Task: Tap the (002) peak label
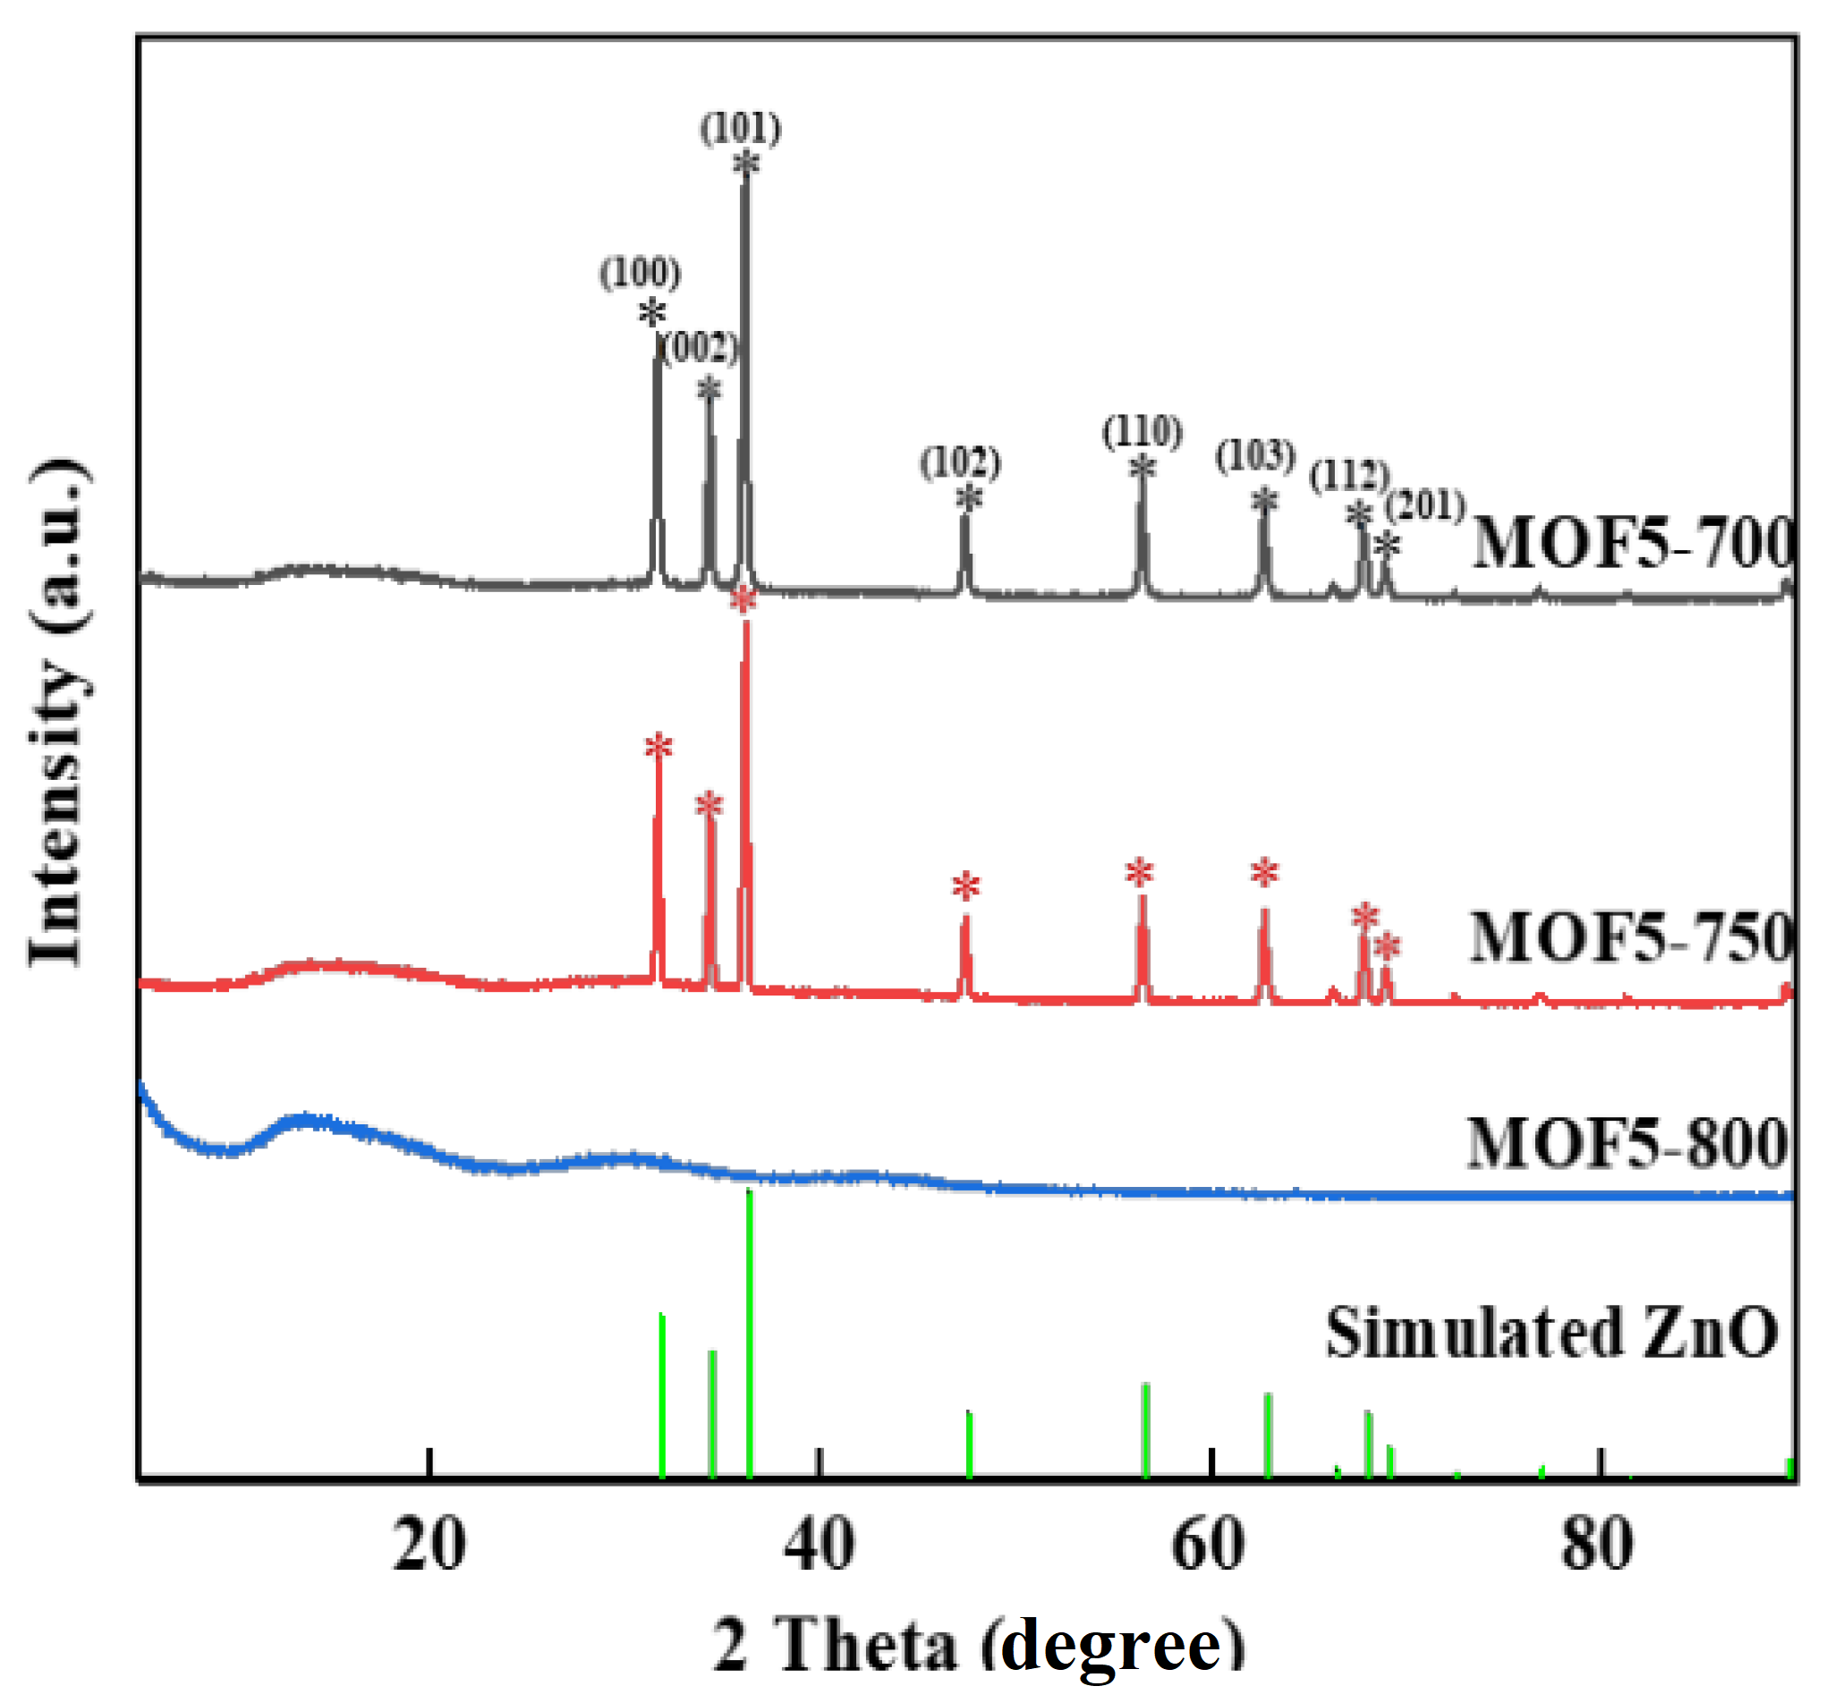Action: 701,347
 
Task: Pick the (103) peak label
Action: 1255,454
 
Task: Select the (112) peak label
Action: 1349,475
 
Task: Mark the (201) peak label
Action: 1425,505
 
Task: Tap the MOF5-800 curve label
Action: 1627,1143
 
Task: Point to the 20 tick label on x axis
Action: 429,1546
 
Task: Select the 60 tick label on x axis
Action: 1209,1546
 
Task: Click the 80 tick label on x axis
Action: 1597,1546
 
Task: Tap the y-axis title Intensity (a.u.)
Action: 58,710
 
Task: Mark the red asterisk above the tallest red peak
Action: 743,601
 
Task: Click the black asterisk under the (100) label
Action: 651,313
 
